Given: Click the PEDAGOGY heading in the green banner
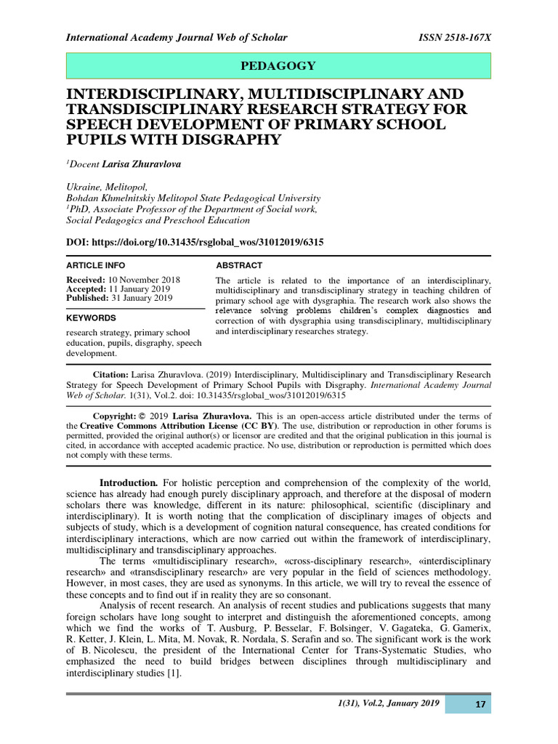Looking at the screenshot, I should pos(278,66).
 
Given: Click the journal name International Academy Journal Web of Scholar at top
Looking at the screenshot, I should pos(177,38).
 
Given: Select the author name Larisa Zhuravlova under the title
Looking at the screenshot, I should pos(141,164).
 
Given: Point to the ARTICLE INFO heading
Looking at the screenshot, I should pos(96,265).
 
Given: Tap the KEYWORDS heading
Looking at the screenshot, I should pos(92,318).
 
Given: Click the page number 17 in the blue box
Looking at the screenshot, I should pos(480,705).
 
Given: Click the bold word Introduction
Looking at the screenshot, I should pos(129,483).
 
